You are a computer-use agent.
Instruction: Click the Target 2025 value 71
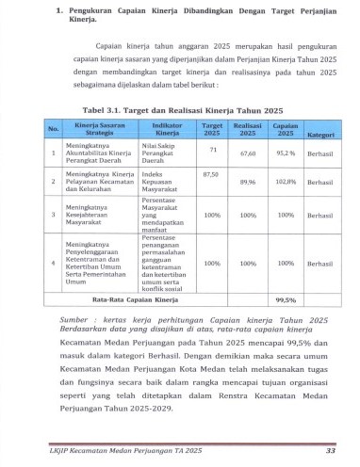pos(213,150)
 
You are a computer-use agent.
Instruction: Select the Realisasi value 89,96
pos(249,183)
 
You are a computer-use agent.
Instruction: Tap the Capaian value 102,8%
pos(286,183)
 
